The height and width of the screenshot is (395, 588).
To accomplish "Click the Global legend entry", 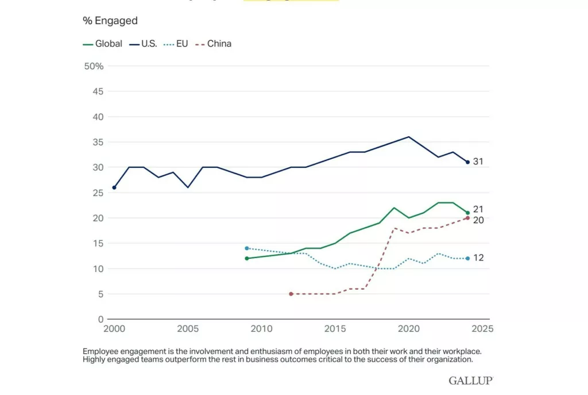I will point(103,44).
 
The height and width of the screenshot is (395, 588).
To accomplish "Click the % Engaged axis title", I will point(110,21).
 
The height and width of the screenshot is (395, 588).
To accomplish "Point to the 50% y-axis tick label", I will point(94,66).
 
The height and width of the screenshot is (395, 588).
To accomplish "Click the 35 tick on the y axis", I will point(98,142).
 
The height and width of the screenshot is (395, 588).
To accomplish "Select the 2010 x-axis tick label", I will point(261,329).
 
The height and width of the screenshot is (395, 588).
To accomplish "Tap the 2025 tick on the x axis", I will point(482,329).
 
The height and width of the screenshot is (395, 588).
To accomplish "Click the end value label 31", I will point(478,162).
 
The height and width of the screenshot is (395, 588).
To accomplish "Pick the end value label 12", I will point(478,258).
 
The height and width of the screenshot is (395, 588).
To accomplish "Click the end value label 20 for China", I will point(478,220).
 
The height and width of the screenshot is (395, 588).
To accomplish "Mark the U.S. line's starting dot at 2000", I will point(114,187).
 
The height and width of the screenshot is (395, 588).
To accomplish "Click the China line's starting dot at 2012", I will point(291,294).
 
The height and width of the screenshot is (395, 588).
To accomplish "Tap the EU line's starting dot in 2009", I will point(246,248).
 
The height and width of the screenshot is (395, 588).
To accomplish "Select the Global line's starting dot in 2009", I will point(246,259).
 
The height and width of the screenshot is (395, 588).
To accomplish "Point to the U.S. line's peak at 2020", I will point(408,137).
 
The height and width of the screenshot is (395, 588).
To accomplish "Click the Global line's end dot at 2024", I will point(467,213).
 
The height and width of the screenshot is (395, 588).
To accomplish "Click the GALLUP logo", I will point(471,381).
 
